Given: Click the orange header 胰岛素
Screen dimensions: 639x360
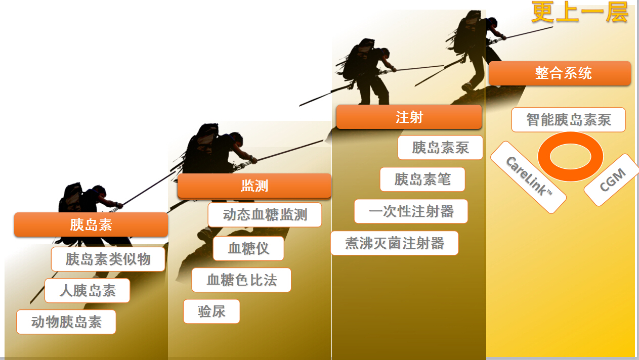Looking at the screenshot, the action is point(91,224).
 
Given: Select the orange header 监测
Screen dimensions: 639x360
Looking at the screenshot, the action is point(254,186).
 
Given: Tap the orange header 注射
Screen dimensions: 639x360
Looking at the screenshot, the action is point(409,117).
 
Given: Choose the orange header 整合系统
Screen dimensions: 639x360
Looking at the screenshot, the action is point(560,73).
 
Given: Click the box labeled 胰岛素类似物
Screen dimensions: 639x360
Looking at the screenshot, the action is point(108,259).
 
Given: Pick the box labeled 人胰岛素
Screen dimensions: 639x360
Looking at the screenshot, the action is point(87,290).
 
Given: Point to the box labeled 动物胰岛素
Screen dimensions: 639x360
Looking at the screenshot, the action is point(66,322).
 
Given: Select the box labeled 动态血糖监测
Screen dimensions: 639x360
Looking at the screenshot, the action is point(265,215).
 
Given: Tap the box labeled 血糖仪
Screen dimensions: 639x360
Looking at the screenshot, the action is point(248,248).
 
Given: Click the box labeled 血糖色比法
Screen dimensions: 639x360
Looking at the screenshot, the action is point(241,280).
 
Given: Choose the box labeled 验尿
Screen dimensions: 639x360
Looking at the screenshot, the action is point(211,311).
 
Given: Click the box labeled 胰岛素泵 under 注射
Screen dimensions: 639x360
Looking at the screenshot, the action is point(440,147).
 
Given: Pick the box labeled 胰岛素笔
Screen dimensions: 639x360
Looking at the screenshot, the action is point(422,179).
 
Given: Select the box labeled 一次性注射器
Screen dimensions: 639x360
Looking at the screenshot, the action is point(411,211).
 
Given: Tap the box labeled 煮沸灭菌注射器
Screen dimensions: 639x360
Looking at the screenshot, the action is point(394,243).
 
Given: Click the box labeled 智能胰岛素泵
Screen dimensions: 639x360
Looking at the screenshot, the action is point(568,120).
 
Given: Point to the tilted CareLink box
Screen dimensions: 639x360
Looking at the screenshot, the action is point(528,177).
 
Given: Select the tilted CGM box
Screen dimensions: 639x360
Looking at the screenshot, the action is point(612,180).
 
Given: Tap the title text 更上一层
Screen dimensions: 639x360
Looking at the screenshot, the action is point(579,13).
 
